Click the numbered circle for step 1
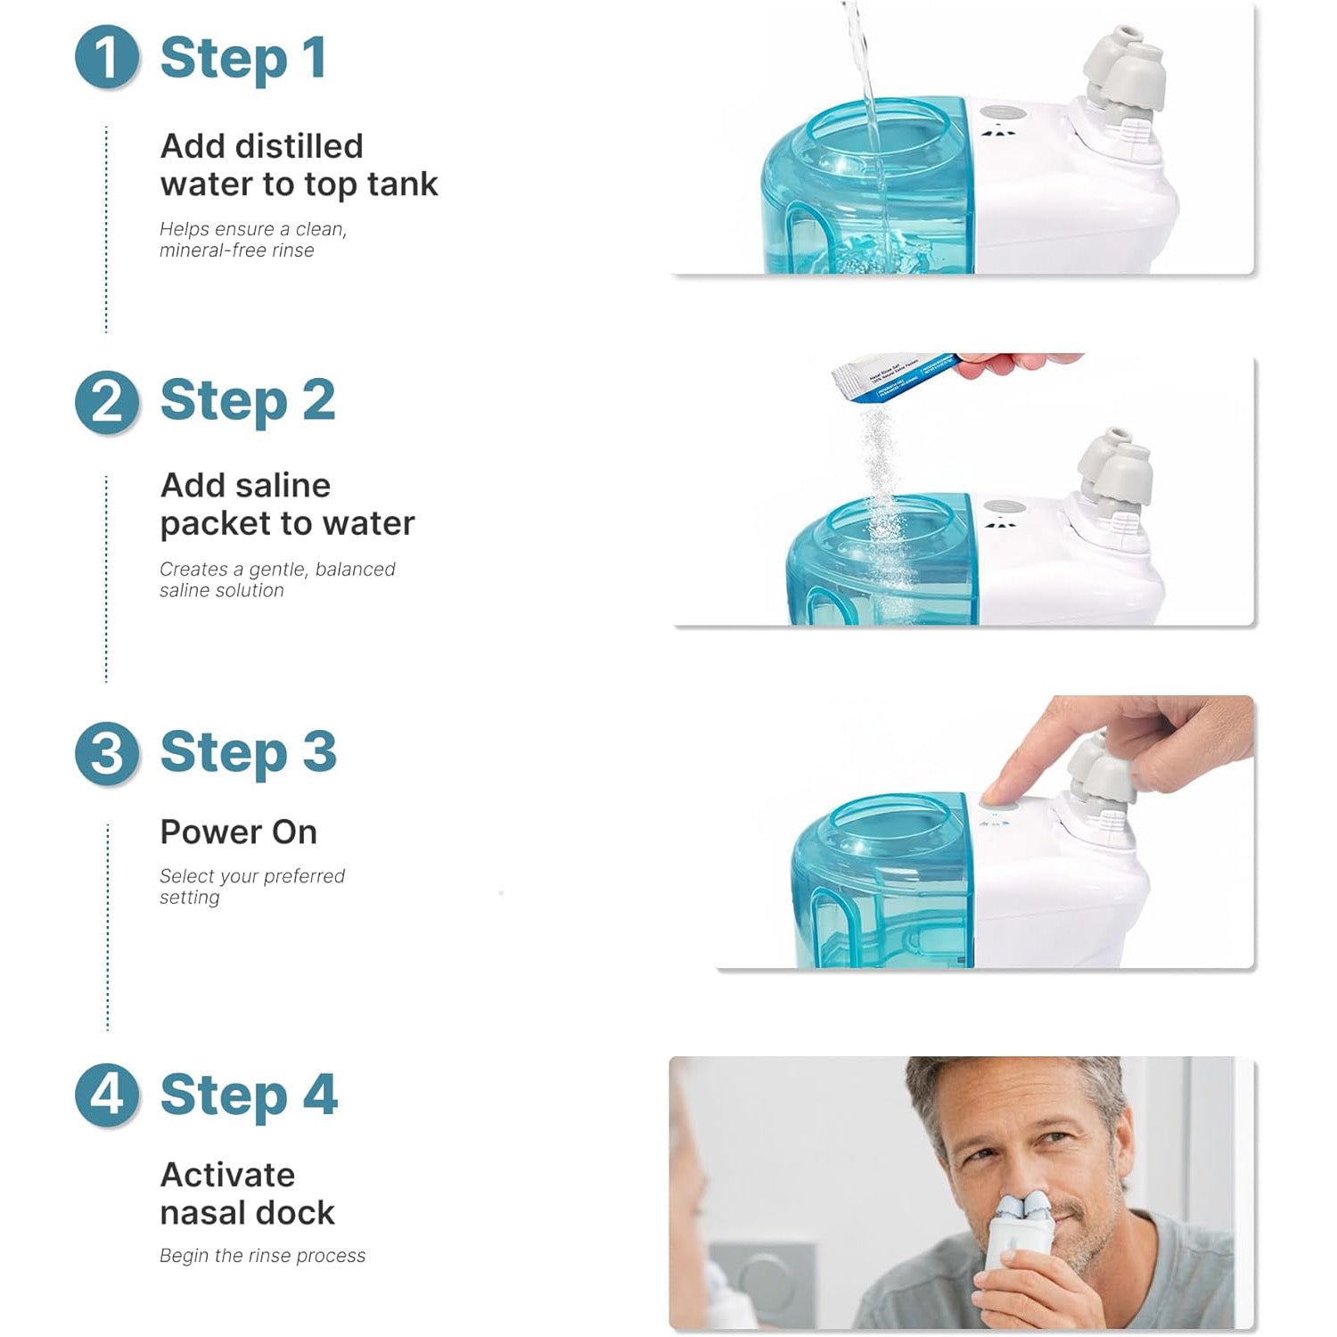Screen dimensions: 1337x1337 tap(107, 58)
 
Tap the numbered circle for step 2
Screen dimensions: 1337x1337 tap(107, 403)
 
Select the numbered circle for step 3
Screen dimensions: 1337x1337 tap(107, 753)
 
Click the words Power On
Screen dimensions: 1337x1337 tap(239, 832)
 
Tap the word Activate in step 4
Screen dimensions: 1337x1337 tap(228, 1175)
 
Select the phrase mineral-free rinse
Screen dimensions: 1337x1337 tap(237, 250)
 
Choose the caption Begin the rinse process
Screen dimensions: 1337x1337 tap(263, 1256)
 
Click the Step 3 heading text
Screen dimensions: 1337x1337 tap(249, 752)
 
